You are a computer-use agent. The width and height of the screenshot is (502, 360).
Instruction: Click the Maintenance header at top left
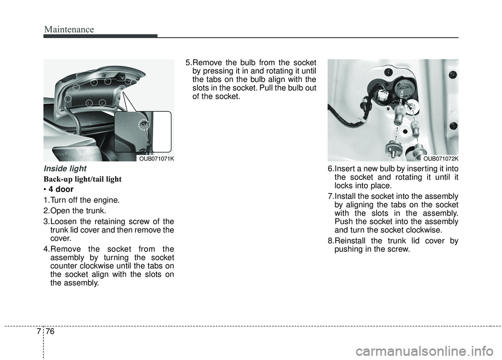click(69, 29)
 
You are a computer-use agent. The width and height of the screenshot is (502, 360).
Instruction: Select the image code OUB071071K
click(156, 158)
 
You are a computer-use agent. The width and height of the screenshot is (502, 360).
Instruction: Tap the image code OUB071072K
click(441, 158)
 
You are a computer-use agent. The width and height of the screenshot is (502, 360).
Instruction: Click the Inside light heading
click(65, 168)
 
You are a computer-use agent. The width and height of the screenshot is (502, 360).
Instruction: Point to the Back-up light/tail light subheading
click(83, 179)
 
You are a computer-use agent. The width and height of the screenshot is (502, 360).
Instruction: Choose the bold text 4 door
click(61, 189)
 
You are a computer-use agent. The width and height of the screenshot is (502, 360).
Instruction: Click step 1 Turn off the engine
click(82, 200)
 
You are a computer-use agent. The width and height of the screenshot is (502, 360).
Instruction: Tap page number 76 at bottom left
click(50, 331)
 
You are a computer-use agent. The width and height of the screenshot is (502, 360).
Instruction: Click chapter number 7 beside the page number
click(39, 331)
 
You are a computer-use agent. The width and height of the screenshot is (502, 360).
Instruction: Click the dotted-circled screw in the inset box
click(143, 124)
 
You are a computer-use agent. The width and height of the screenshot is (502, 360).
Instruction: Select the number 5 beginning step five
click(188, 62)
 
